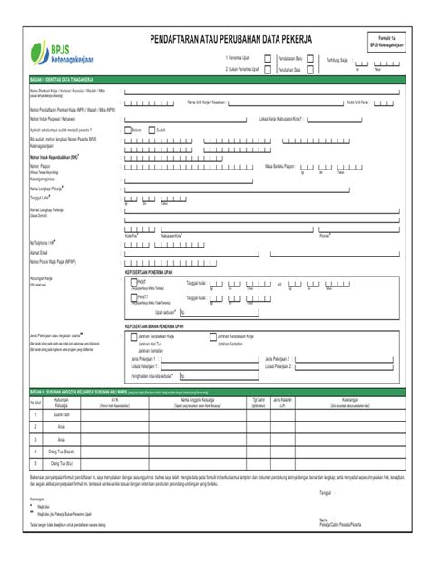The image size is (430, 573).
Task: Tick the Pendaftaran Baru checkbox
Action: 311,57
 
